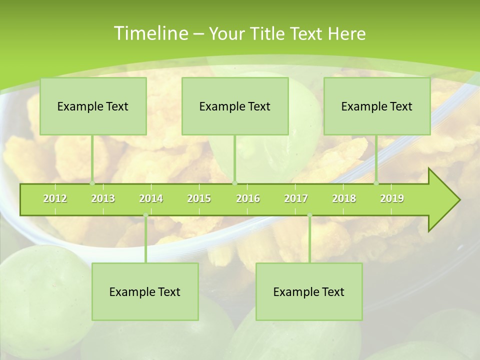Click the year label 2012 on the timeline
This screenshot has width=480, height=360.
(x=55, y=198)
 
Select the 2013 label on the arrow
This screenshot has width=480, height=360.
(x=103, y=198)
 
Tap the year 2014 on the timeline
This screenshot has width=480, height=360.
(x=151, y=198)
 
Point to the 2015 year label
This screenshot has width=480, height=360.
(x=199, y=198)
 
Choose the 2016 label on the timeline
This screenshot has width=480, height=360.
(x=248, y=198)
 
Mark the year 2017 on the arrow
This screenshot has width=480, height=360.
(x=296, y=198)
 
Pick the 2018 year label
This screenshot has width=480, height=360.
(x=344, y=198)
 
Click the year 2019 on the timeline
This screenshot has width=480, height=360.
(x=392, y=198)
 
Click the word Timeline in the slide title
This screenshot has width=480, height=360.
(x=150, y=33)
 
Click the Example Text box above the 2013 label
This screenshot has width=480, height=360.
(x=93, y=106)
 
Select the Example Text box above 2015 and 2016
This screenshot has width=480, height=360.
(x=235, y=106)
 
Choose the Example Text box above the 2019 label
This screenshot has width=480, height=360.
(x=377, y=106)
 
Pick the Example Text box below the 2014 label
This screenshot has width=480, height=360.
(x=145, y=291)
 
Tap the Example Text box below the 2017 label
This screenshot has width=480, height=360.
(x=309, y=291)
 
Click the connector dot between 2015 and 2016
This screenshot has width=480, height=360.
(x=235, y=183)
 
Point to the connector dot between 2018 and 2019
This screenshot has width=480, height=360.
(x=376, y=183)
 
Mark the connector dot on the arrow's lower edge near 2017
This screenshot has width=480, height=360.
(x=309, y=215)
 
